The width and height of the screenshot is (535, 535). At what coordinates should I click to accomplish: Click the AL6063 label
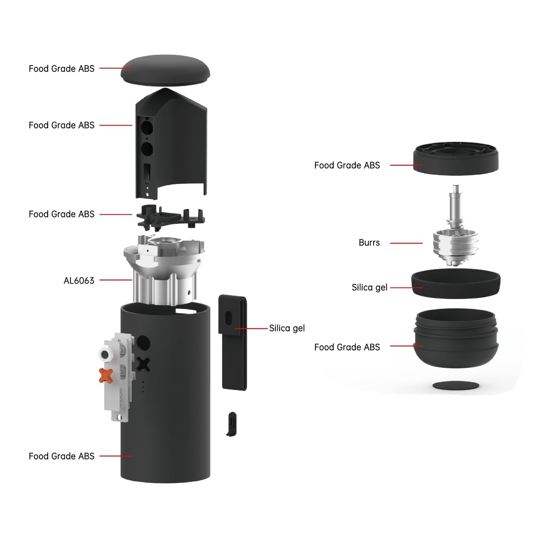coord(79,281)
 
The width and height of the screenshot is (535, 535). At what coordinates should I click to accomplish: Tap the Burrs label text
coord(369,243)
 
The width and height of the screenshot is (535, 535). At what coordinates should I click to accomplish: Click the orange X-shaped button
coord(106,375)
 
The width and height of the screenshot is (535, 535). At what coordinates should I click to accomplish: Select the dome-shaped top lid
coord(165,70)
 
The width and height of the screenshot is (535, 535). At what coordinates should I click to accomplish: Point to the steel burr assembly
coord(456,237)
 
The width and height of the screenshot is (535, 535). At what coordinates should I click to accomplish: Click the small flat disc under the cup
coord(456,386)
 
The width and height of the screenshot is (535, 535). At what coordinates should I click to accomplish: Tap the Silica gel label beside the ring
coord(369,288)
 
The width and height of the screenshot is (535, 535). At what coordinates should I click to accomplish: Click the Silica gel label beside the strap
coord(287,328)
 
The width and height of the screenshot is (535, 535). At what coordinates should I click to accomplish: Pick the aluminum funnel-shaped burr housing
coord(164,267)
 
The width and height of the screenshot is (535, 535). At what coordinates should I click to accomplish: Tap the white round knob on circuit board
coord(105,355)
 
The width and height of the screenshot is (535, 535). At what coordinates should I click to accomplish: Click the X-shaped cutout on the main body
coord(143,365)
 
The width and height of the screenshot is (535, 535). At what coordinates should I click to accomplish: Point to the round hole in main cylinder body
coord(143,343)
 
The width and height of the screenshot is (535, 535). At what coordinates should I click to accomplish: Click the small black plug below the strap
coord(232,424)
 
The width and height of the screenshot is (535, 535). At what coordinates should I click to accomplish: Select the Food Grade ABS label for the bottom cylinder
coord(61,456)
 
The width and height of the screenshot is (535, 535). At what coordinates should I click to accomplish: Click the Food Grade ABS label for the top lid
coord(61,69)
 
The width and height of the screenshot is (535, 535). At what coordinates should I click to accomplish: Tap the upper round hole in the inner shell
coord(147,128)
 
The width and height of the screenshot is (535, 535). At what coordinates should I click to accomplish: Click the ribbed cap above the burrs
coord(456,159)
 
